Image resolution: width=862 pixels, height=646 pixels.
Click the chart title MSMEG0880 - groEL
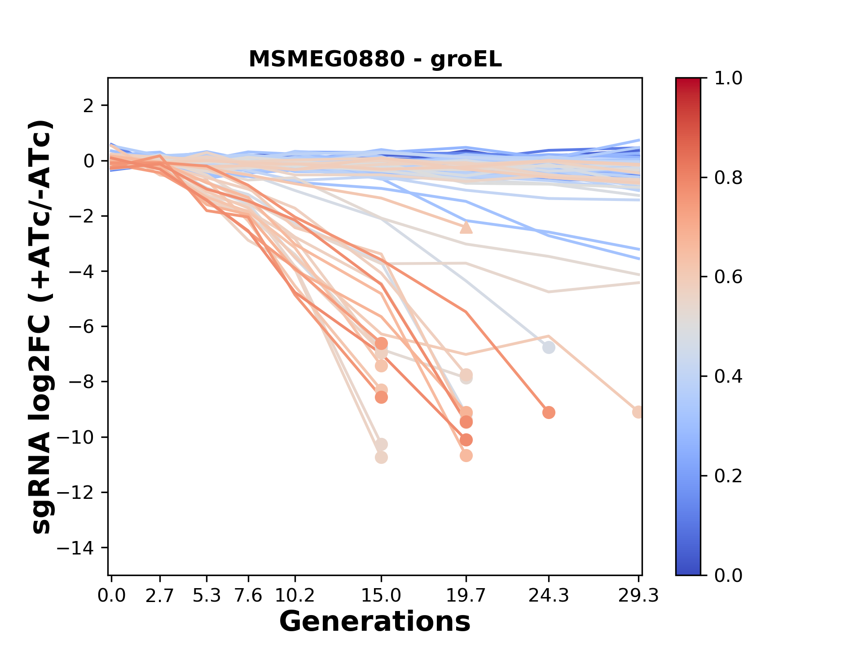click(x=375, y=59)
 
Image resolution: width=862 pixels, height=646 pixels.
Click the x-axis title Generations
click(x=375, y=622)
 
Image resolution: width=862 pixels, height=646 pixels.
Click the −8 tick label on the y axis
click(x=81, y=382)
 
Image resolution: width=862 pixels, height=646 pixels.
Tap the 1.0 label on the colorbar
click(x=728, y=79)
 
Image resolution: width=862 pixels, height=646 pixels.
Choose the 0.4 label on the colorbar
click(x=728, y=376)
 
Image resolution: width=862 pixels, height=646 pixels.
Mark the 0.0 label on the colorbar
click(x=728, y=575)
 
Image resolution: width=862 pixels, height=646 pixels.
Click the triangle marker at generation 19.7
click(x=466, y=228)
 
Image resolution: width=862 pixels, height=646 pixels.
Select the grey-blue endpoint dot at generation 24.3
click(x=549, y=348)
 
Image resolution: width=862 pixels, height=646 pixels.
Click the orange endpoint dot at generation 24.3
click(x=549, y=413)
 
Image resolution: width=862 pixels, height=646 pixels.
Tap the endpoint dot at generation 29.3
click(x=638, y=412)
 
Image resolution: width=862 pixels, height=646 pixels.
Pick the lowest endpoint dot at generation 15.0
click(x=381, y=458)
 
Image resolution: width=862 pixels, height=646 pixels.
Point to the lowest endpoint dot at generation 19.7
click(x=466, y=456)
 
